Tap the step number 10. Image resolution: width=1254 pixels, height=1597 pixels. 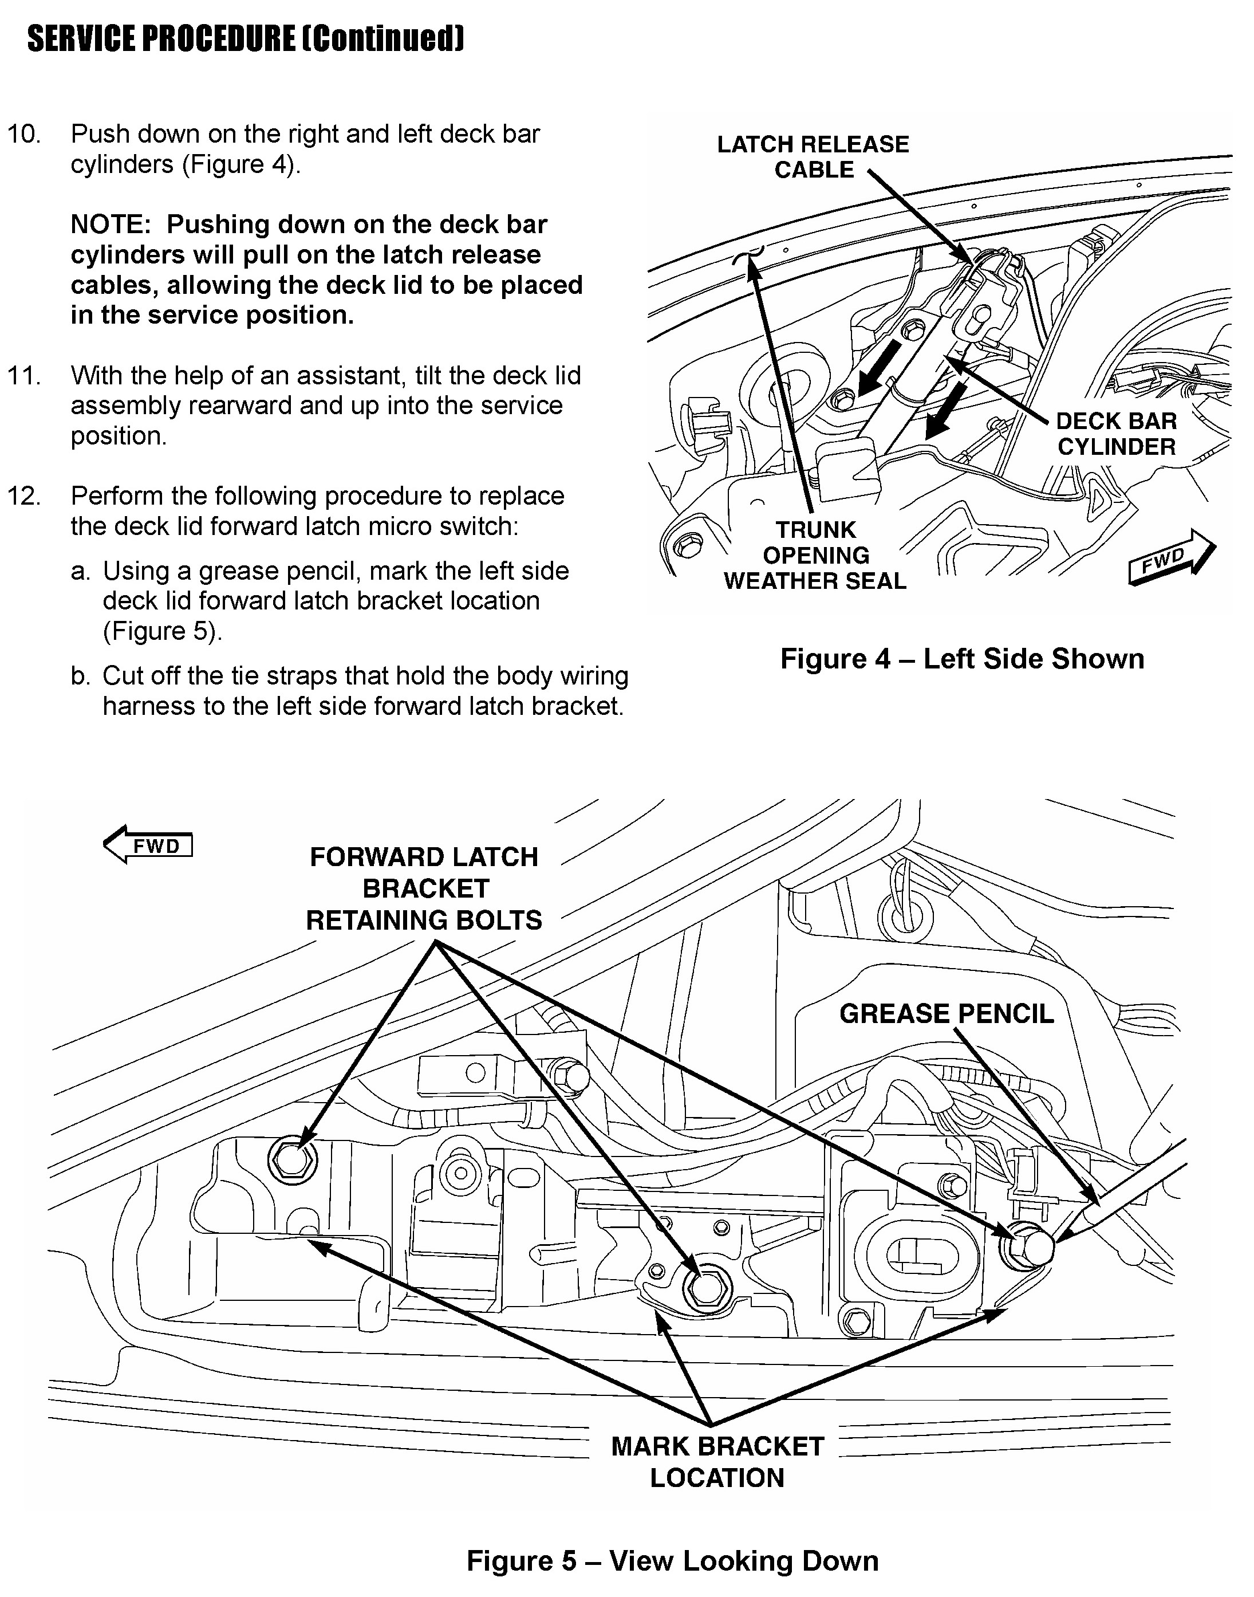(x=24, y=135)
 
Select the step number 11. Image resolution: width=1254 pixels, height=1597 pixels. (x=24, y=376)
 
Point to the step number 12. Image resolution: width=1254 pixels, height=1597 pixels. (x=24, y=497)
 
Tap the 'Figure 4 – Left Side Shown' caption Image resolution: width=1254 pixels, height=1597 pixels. (x=962, y=659)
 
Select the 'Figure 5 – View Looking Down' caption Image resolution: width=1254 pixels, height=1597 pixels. (x=672, y=1560)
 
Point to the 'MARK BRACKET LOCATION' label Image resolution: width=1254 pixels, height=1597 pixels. (x=717, y=1461)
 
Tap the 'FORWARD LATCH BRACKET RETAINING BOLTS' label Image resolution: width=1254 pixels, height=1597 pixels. (x=424, y=888)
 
